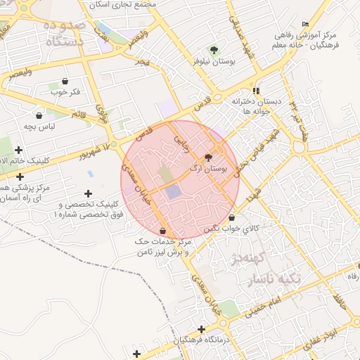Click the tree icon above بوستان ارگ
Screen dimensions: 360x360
[208, 157]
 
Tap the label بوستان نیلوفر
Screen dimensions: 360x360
[214, 62]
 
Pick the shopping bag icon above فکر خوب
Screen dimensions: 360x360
[65, 81]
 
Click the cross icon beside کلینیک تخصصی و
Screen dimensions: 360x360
[88, 193]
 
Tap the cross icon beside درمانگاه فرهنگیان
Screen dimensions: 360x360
[202, 329]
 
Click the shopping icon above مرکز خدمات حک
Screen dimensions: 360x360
[163, 231]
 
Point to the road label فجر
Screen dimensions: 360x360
[144, 63]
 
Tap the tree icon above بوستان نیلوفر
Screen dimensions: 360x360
[214, 50]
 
